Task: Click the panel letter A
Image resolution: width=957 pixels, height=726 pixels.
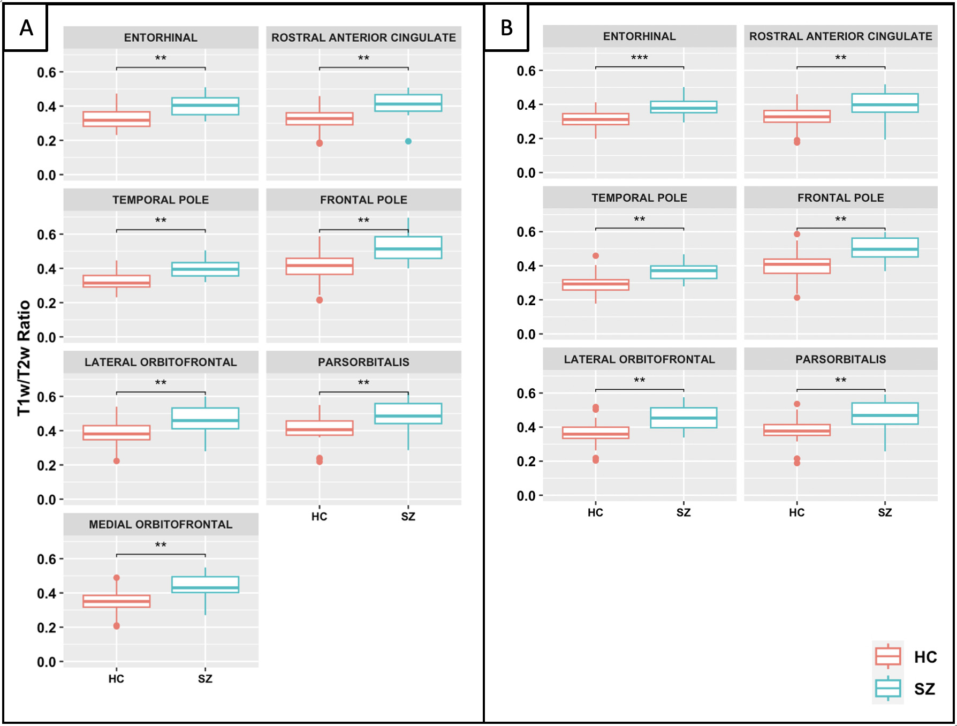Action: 26,27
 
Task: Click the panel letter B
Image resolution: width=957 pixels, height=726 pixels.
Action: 506,27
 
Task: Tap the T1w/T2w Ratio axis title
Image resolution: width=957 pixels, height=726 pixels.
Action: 24,358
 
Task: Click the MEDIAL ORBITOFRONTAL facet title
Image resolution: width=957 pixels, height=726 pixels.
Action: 161,524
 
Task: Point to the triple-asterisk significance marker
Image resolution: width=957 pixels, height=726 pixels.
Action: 639,57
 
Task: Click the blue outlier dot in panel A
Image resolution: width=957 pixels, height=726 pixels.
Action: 408,141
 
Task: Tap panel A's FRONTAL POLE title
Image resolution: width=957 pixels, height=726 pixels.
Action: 363,200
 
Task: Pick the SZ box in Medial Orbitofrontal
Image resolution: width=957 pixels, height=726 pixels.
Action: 205,585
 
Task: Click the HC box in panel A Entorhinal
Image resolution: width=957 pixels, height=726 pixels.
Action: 116,119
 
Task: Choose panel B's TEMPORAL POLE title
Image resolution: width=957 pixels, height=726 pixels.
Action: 639,198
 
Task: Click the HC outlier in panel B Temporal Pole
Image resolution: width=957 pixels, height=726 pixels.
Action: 596,256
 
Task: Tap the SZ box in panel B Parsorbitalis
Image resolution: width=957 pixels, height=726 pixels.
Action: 885,414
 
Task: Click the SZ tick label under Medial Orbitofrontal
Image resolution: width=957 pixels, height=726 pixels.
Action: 205,679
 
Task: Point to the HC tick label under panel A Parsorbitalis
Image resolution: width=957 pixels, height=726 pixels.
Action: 320,517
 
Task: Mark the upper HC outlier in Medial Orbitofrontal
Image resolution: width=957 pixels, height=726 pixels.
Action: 117,578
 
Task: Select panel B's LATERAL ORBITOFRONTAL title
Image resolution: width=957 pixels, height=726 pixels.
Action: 639,359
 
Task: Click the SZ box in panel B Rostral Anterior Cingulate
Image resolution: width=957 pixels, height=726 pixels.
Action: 885,103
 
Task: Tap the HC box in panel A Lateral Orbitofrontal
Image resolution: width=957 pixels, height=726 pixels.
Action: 116,433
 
